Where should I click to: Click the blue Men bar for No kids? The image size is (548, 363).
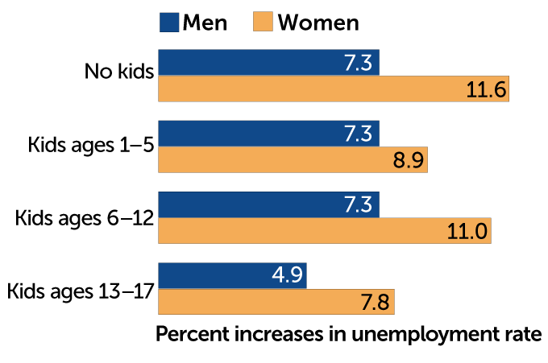point(268,63)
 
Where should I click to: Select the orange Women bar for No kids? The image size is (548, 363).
point(334,89)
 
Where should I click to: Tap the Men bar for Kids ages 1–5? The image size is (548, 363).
point(268,134)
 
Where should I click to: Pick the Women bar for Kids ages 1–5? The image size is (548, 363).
point(293,159)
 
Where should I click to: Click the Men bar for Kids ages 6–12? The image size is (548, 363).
point(268,204)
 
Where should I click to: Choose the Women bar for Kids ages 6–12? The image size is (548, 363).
point(325,230)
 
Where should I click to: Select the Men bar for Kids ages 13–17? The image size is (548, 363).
point(232,275)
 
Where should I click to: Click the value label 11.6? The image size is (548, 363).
point(486,89)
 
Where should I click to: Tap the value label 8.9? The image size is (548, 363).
point(406,160)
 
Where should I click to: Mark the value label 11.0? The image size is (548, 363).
point(467,231)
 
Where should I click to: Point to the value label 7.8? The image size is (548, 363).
point(373,302)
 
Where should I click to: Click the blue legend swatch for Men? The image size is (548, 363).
point(168,22)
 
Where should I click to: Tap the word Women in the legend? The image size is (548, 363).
point(318,23)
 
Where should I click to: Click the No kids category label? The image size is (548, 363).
point(118,72)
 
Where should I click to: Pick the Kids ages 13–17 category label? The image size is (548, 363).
point(80,288)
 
